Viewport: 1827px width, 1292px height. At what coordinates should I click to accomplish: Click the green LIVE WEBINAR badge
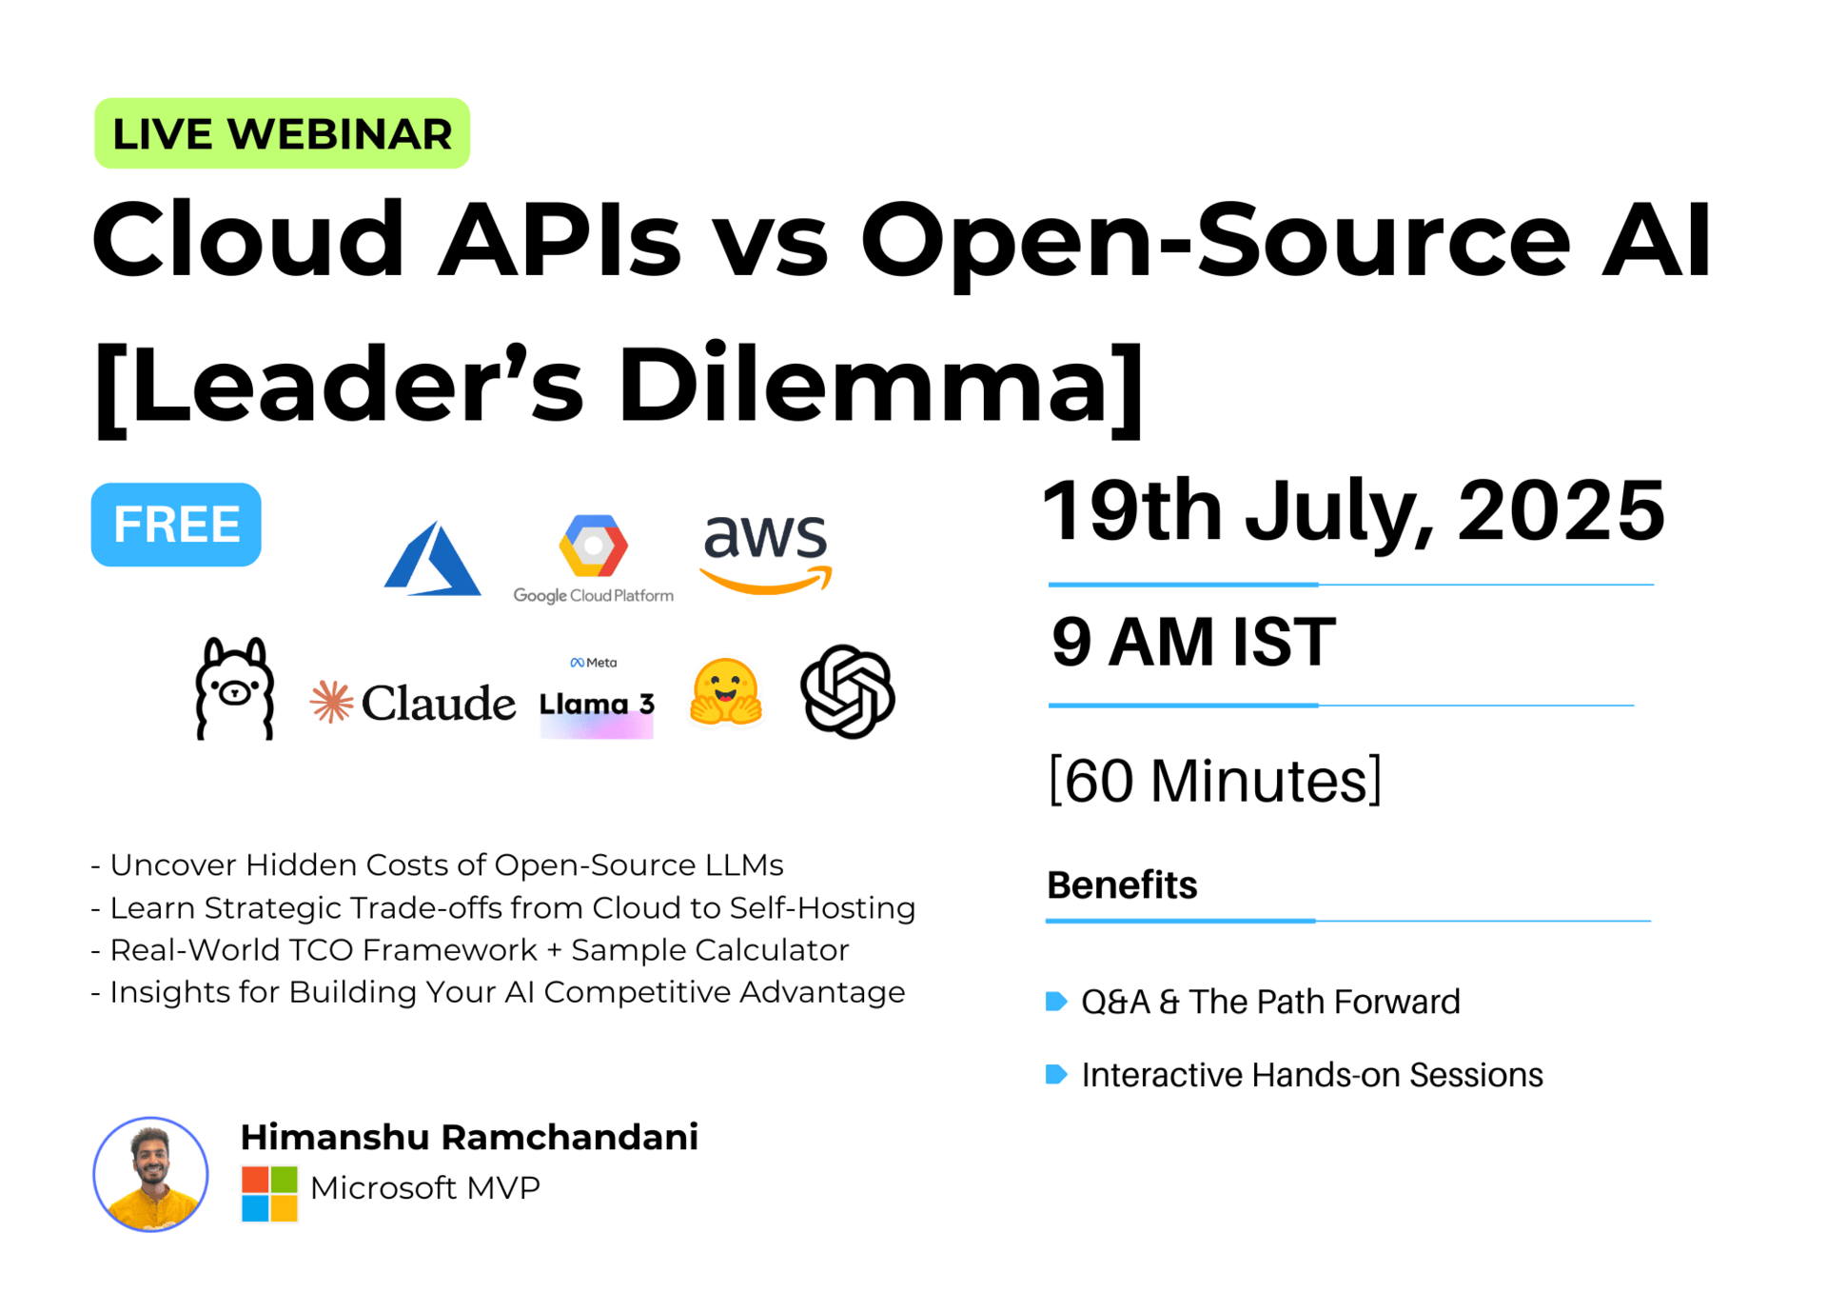click(x=282, y=133)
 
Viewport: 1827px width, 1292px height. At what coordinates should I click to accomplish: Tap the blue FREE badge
click(x=176, y=525)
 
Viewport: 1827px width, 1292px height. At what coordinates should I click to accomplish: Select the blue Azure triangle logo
click(x=432, y=559)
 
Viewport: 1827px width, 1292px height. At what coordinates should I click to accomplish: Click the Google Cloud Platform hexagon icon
click(x=593, y=547)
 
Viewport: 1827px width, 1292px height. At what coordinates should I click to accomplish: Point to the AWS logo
click(x=766, y=553)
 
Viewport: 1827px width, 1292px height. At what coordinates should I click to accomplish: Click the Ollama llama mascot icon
click(x=235, y=688)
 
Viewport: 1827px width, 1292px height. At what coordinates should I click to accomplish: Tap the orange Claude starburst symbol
click(x=332, y=702)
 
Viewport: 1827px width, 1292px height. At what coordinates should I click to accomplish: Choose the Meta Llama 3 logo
click(x=597, y=698)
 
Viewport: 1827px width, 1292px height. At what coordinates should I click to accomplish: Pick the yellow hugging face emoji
click(x=726, y=692)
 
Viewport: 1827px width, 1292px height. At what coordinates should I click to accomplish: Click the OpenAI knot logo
click(x=847, y=691)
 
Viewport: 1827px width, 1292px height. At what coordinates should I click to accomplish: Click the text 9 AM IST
click(x=1193, y=642)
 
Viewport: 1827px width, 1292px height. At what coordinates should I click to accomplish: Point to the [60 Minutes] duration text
click(x=1215, y=781)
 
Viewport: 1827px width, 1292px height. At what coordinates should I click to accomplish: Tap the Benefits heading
click(x=1122, y=885)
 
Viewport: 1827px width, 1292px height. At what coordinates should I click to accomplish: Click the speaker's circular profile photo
click(x=150, y=1174)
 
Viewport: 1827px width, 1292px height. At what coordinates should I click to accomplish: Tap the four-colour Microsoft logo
click(x=269, y=1194)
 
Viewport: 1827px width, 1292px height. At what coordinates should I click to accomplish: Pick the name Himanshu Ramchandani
click(x=469, y=1137)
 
